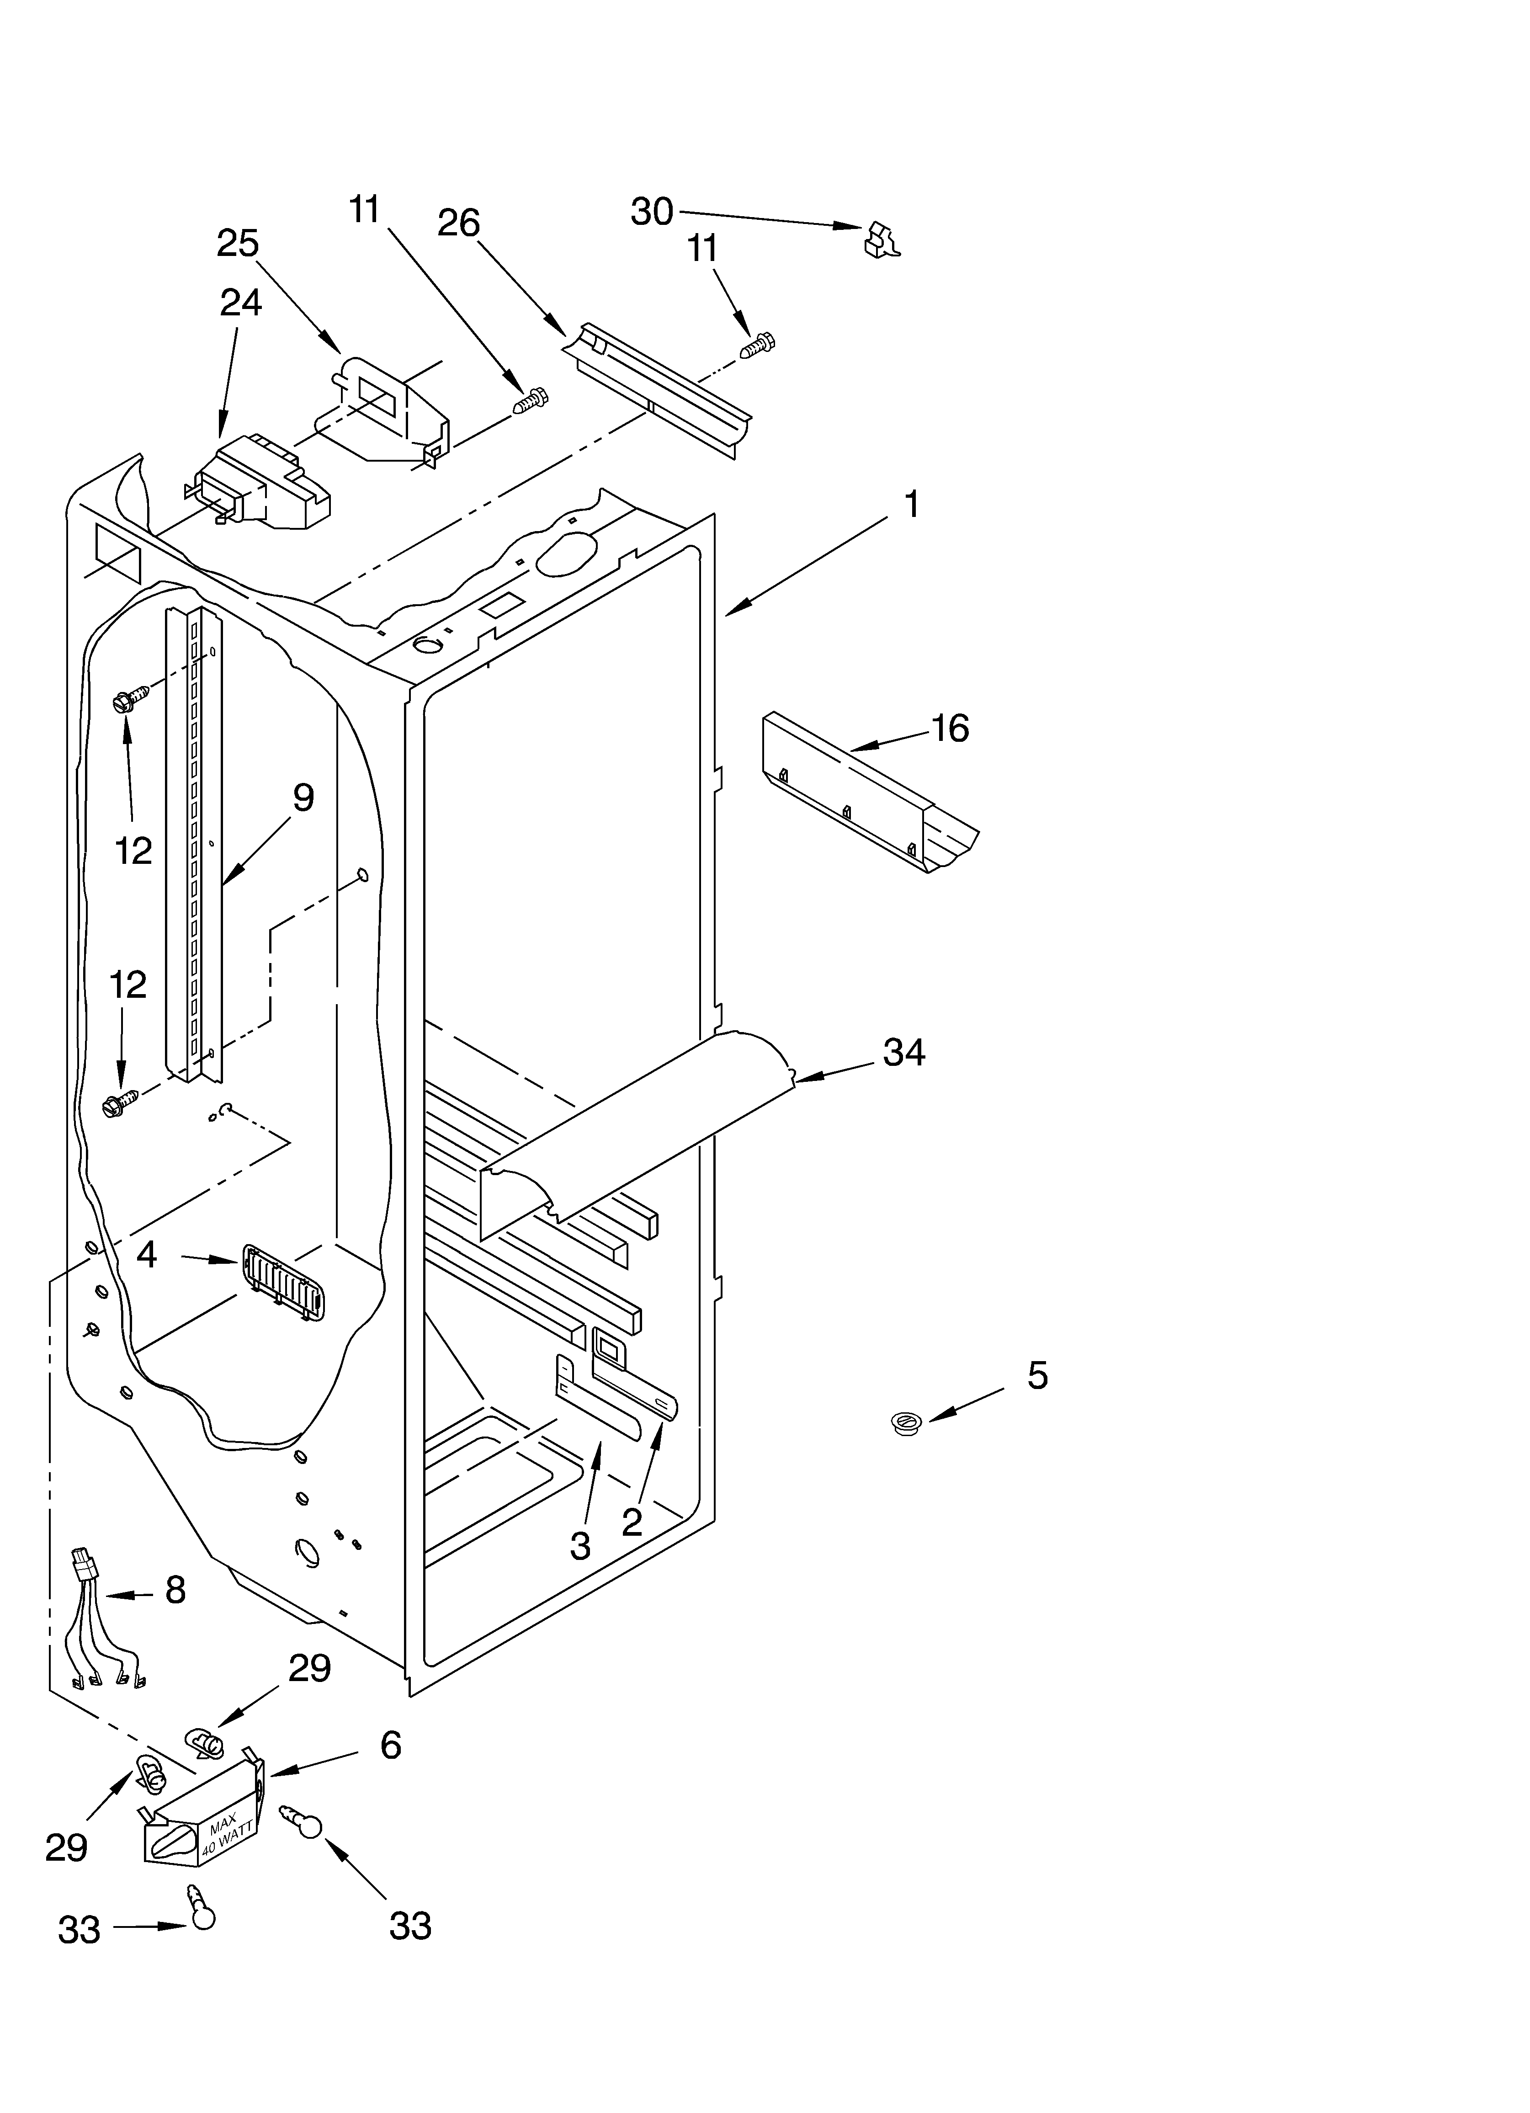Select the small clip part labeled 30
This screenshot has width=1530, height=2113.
pyautogui.click(x=882, y=240)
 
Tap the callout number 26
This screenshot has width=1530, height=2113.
pyautogui.click(x=458, y=224)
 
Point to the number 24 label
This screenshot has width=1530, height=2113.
pyautogui.click(x=240, y=303)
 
